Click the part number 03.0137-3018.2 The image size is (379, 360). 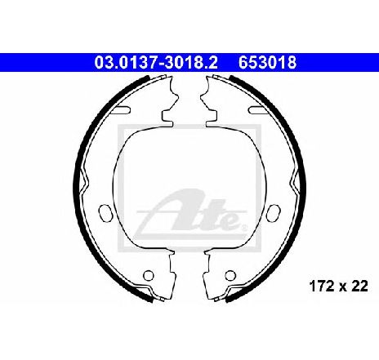point(156,62)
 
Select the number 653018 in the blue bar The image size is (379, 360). point(267,62)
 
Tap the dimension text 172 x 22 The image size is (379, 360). point(338,286)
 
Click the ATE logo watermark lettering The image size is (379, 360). point(190,211)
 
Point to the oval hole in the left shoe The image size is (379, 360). point(105,213)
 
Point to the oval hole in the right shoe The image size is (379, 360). point(274,213)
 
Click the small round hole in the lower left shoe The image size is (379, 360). point(149,275)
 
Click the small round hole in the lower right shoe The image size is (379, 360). point(230,275)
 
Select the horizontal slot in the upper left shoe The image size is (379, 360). point(121,110)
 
